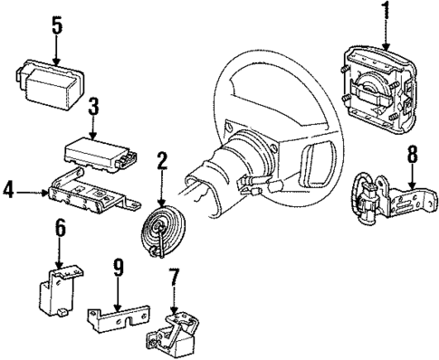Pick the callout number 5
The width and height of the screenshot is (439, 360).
56,25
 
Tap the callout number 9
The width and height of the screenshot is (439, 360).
118,269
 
